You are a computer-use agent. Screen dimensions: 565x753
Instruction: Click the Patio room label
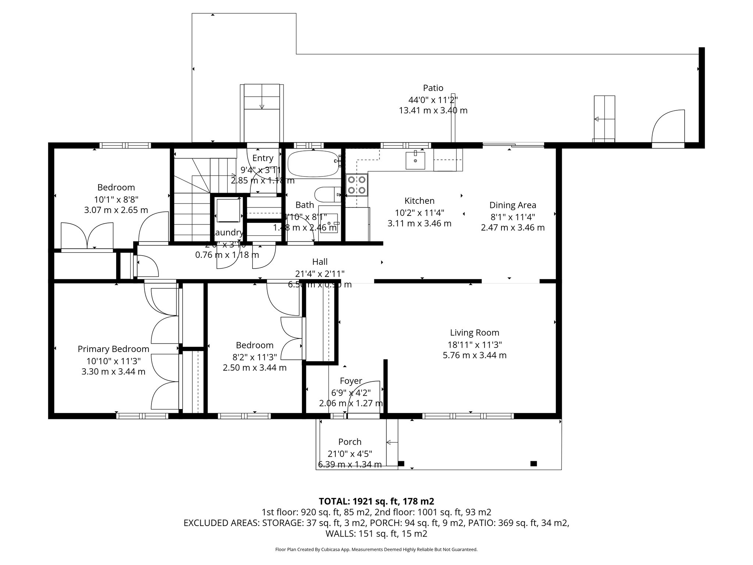tap(433, 88)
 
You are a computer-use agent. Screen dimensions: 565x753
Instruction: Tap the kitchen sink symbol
tap(415, 161)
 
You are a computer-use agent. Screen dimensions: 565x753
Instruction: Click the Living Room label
tap(474, 333)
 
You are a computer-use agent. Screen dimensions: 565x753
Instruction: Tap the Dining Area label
tap(513, 205)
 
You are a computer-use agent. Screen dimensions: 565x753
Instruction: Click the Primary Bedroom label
tap(113, 349)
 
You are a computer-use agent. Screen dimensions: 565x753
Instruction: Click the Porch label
tap(350, 442)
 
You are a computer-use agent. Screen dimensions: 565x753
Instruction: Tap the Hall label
tap(320, 262)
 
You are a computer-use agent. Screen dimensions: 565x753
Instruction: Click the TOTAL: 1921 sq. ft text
tap(376, 501)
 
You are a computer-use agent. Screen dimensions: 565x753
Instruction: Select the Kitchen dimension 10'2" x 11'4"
tap(419, 212)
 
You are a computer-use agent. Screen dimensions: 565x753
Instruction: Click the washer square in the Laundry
tap(228, 210)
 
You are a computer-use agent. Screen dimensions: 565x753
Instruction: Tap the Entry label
tap(263, 158)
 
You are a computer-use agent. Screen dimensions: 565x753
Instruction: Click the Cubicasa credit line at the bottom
tap(376, 550)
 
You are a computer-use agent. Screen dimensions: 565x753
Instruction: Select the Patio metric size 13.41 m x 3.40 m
tap(433, 110)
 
